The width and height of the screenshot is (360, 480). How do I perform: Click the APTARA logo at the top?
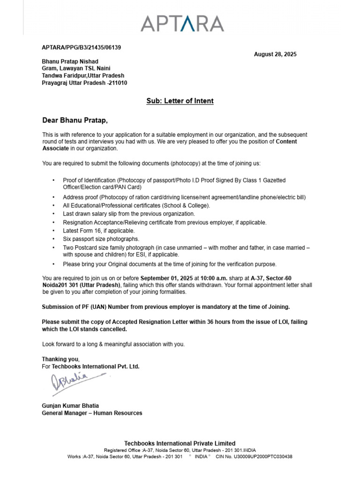tap(182, 23)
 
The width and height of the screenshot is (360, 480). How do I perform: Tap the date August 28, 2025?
tap(275, 54)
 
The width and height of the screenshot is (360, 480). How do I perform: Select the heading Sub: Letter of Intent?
tap(180, 101)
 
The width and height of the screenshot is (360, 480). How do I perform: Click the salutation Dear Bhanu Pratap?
tap(75, 120)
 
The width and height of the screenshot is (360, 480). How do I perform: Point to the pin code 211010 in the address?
tap(118, 83)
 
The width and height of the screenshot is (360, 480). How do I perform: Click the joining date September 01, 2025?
tap(167, 278)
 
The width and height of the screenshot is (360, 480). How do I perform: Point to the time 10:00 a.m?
tap(214, 278)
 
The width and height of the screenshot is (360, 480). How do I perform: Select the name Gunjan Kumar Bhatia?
tap(70, 405)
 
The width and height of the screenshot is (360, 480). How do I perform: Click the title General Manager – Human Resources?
tap(92, 413)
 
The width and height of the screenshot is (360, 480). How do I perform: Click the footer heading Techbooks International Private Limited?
tap(180, 443)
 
